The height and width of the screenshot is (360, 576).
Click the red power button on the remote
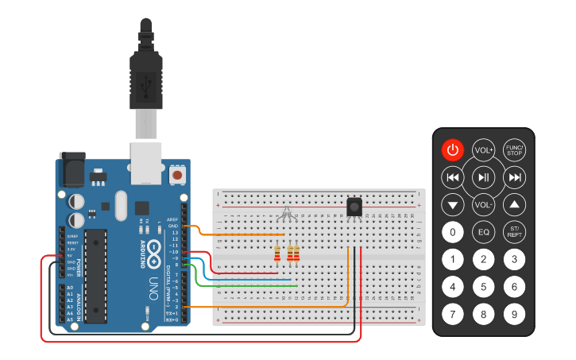tap(452, 149)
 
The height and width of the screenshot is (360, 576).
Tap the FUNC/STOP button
tap(515, 149)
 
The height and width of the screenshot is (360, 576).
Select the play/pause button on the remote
tap(483, 177)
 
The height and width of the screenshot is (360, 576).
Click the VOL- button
tap(483, 204)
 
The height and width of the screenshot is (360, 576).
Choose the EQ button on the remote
tap(483, 232)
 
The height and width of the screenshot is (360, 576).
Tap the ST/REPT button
tap(515, 232)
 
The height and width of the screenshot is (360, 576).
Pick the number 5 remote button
tap(483, 286)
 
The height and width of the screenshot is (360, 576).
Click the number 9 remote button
tap(515, 314)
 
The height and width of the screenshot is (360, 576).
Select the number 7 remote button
tap(452, 314)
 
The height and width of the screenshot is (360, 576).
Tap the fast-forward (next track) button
tap(515, 177)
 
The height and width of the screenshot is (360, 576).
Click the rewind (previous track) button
tap(452, 177)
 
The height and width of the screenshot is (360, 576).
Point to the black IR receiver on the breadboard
tap(354, 207)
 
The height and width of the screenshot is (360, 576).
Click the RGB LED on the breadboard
tap(288, 214)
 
